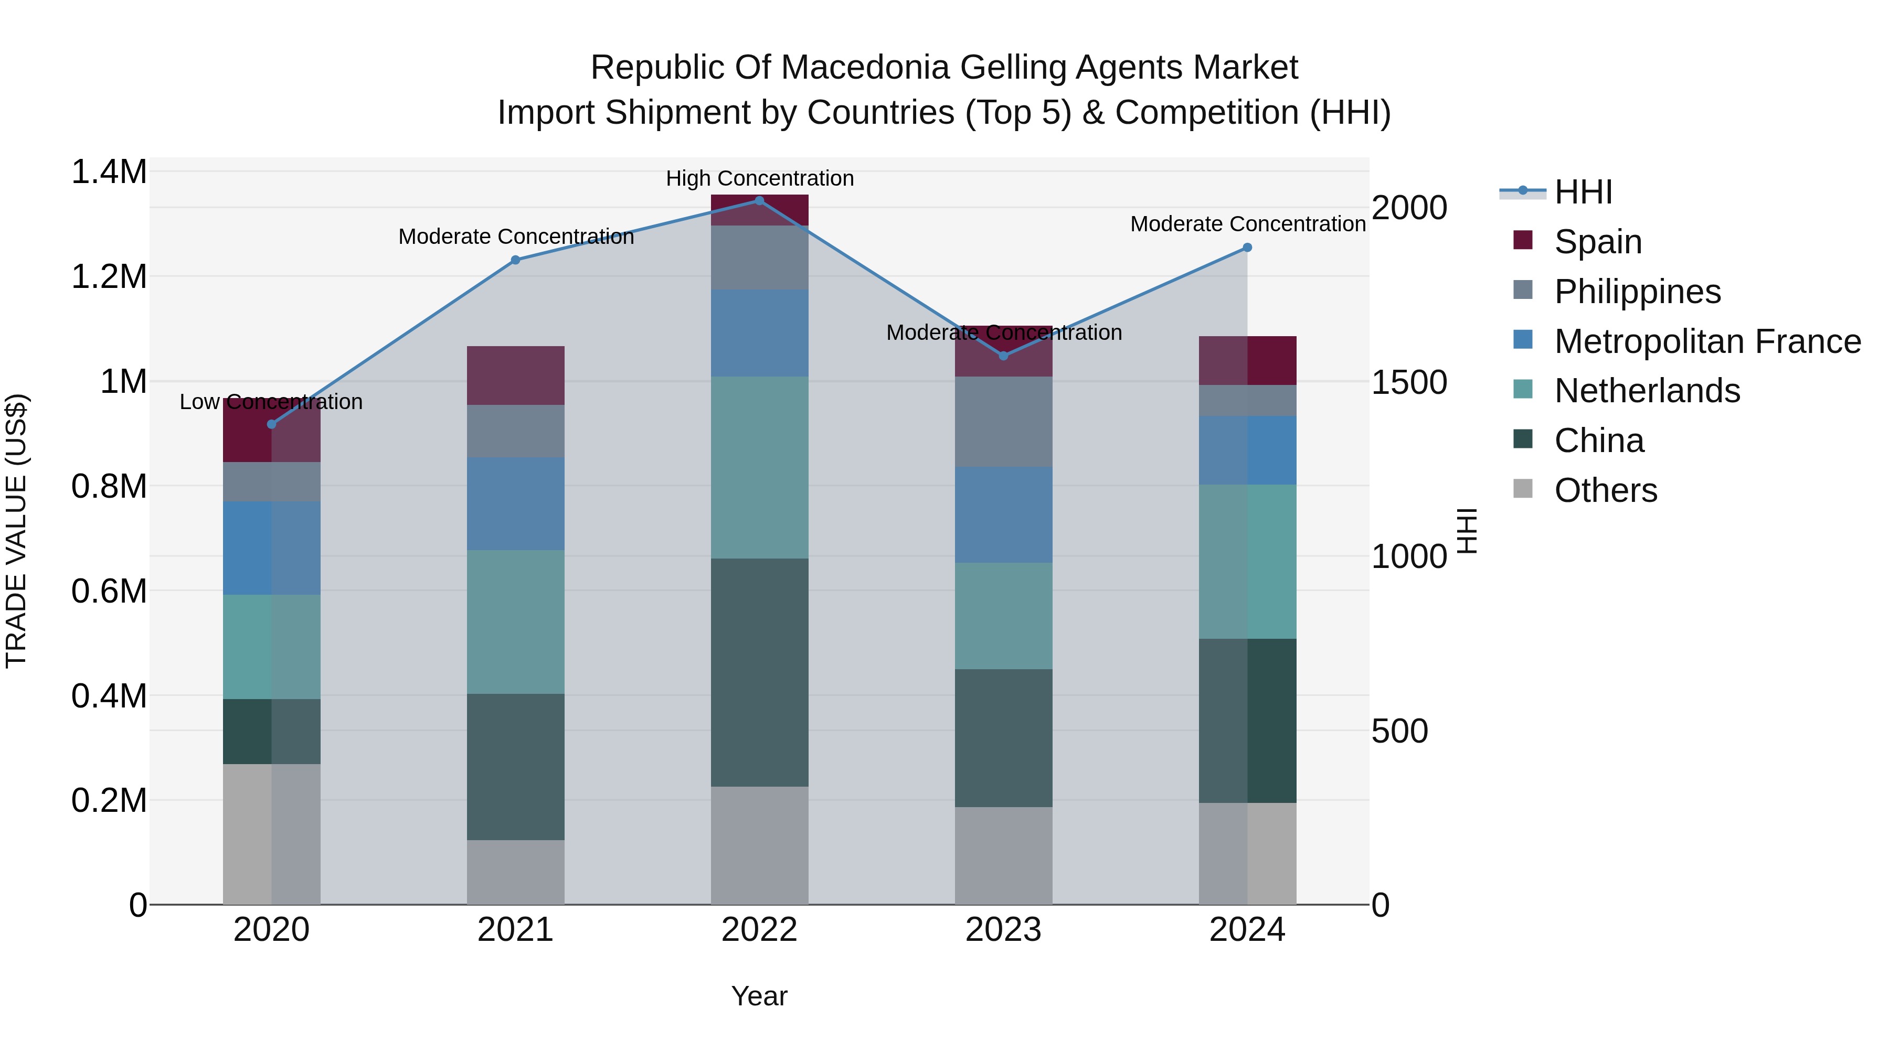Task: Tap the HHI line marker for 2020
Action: [x=271, y=424]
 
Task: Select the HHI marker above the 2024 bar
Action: [x=1247, y=248]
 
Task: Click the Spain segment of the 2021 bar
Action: [x=515, y=376]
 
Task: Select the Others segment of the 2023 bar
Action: [x=1003, y=855]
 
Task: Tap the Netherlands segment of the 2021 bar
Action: [x=515, y=621]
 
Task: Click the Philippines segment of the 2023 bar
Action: [x=1003, y=422]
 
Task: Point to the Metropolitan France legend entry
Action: [x=1707, y=341]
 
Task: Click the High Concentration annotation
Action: [x=760, y=178]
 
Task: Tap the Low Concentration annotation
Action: [x=271, y=402]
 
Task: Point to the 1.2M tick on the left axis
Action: [x=109, y=277]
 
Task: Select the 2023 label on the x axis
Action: [x=1003, y=930]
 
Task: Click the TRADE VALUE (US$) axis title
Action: [x=17, y=531]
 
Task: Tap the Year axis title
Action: [x=759, y=996]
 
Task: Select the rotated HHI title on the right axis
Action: [x=1466, y=531]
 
